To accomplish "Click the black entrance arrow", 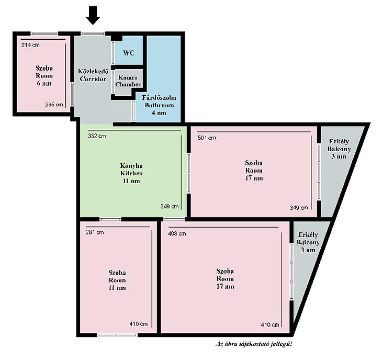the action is click(x=93, y=15).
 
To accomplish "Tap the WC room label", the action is click(x=129, y=53).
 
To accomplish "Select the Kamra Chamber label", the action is click(x=128, y=81).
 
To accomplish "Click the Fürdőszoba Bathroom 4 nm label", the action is click(x=159, y=105).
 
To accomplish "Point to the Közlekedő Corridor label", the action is click(x=93, y=75).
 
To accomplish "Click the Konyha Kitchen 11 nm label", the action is click(x=131, y=173).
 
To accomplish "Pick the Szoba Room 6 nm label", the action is click(x=44, y=75).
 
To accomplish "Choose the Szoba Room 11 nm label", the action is click(x=117, y=280).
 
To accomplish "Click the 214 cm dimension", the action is click(x=30, y=45).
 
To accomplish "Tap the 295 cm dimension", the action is click(x=54, y=105).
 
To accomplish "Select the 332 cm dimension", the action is click(x=97, y=136).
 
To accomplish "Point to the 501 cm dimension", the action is click(x=207, y=138).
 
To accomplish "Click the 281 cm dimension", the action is click(x=95, y=232).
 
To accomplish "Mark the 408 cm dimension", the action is click(x=177, y=234).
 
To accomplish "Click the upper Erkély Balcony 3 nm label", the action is click(x=339, y=149).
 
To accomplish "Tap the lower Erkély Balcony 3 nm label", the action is click(x=308, y=242).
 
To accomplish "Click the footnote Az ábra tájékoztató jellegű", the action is click(x=254, y=344).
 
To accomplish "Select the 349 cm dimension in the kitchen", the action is click(x=170, y=207).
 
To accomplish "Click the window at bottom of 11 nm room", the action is click(x=117, y=335).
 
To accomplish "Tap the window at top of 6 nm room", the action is click(x=44, y=33).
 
